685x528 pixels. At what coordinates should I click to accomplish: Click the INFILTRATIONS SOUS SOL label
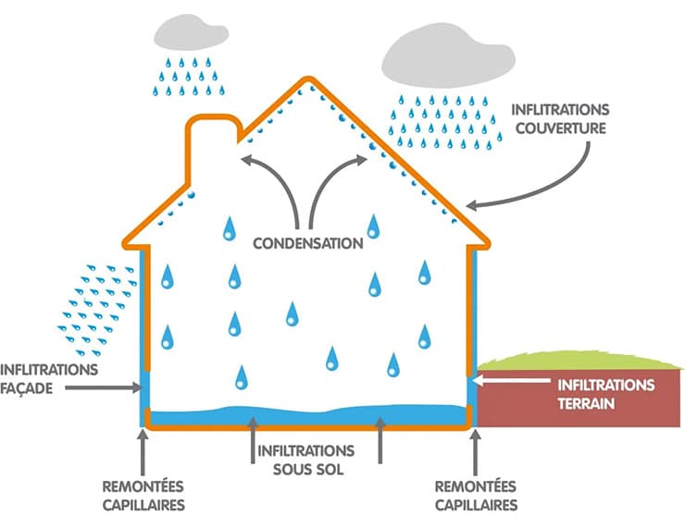[x=306, y=459]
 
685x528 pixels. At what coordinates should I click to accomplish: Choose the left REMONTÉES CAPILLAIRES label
[x=143, y=496]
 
